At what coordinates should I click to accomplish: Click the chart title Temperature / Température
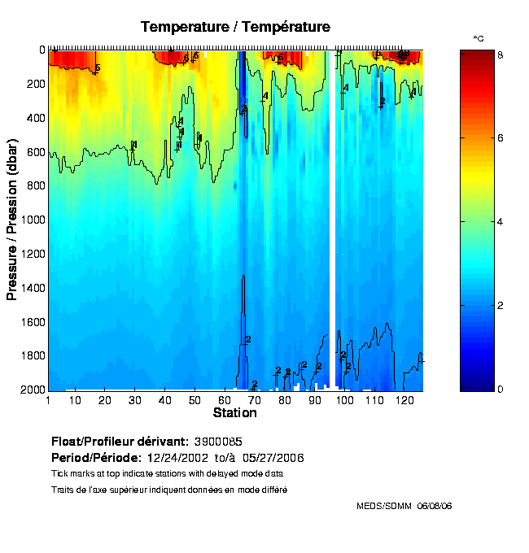tap(235, 27)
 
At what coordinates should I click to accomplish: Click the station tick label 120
tap(403, 401)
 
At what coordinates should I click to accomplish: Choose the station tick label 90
tap(314, 401)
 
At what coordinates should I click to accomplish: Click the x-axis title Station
tap(234, 413)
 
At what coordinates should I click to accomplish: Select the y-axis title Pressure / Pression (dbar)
tap(12, 220)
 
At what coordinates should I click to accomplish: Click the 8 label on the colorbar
tap(500, 54)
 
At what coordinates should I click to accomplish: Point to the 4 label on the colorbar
tap(500, 221)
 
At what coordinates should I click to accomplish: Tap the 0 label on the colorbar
tap(500, 390)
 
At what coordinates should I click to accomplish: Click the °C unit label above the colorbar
tap(479, 39)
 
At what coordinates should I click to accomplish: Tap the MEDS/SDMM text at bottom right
tap(385, 507)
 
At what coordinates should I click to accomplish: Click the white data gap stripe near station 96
tap(333, 220)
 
